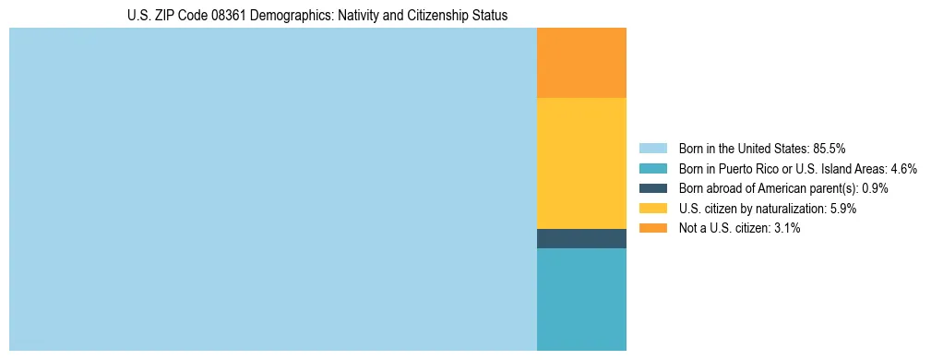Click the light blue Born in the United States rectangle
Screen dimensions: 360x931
pyautogui.click(x=272, y=189)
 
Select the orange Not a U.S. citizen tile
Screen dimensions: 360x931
pyautogui.click(x=581, y=63)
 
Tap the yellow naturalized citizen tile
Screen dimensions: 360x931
pyautogui.click(x=581, y=163)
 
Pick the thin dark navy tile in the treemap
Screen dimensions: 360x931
pyautogui.click(x=581, y=238)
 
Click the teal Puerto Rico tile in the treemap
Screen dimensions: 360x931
pyautogui.click(x=581, y=299)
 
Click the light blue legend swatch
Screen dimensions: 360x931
pyautogui.click(x=652, y=149)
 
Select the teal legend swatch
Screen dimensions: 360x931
pyautogui.click(x=652, y=169)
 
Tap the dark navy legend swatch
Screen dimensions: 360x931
pyautogui.click(x=652, y=188)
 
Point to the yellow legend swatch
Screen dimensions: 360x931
pyautogui.click(x=652, y=209)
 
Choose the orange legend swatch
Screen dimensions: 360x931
pyautogui.click(x=652, y=228)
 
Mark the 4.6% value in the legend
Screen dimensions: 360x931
pyautogui.click(x=903, y=169)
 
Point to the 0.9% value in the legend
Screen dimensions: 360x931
pyautogui.click(x=875, y=188)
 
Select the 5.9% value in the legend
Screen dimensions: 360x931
pyautogui.click(x=843, y=209)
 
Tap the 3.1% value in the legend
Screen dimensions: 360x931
pyautogui.click(x=786, y=228)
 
